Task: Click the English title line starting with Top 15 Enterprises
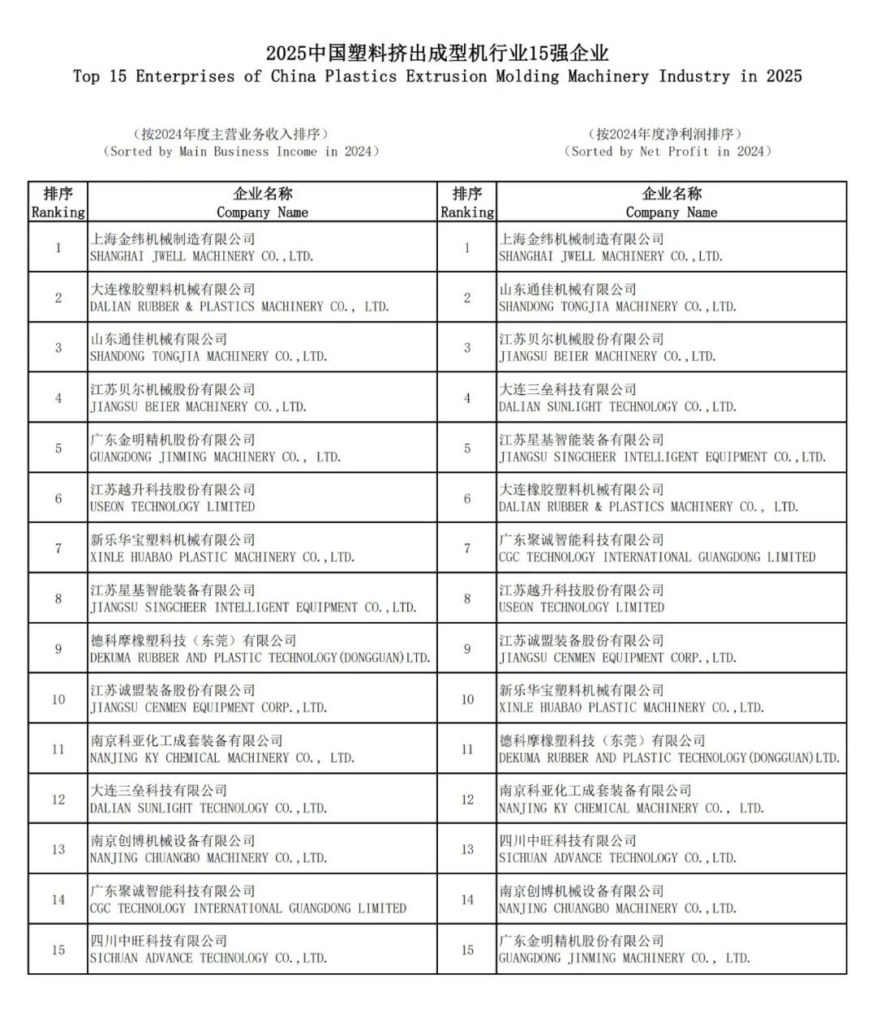[437, 77]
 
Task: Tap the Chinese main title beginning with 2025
[437, 54]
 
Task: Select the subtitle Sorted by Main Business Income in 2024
[241, 152]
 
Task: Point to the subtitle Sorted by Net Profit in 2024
[667, 152]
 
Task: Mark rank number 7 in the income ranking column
[58, 549]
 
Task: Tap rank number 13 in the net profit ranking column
[467, 849]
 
